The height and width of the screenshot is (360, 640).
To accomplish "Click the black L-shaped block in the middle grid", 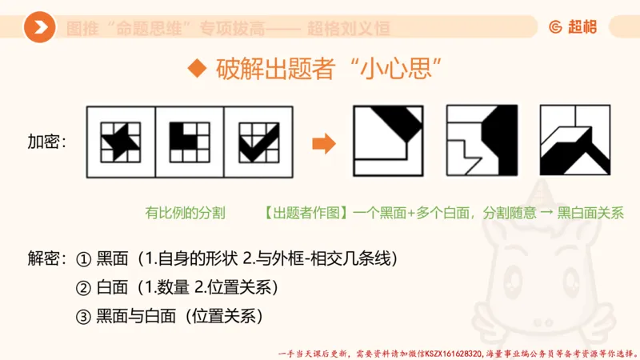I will pos(183,138).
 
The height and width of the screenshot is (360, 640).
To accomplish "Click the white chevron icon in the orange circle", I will pos(39,28).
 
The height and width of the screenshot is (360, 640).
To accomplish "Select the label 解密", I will pos(46,259).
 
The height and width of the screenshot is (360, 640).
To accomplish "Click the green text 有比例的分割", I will pos(185,213).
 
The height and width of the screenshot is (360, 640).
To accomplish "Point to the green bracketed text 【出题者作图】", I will pos(302,213).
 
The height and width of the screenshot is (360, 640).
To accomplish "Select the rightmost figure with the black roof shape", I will pos(570,142).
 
